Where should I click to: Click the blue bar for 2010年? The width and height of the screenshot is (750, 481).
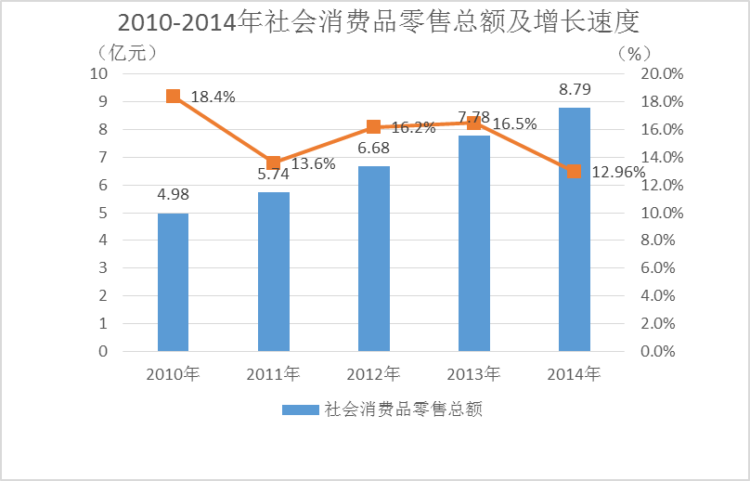[x=173, y=282]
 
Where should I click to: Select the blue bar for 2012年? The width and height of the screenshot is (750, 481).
[x=374, y=259]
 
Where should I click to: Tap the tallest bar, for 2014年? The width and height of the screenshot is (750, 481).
[x=575, y=229]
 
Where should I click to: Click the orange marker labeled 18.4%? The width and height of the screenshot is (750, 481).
[x=173, y=97]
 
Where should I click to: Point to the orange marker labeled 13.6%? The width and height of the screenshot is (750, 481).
[x=274, y=162]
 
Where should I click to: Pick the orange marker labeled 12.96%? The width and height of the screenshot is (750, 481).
[x=575, y=171]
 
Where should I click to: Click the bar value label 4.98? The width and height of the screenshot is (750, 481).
[x=173, y=195]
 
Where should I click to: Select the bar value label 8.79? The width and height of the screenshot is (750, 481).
[x=575, y=90]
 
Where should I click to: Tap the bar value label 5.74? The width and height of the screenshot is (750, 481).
[x=274, y=174]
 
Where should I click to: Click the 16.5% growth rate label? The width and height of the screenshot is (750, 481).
[x=514, y=123]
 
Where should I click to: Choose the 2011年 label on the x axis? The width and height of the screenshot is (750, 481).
[x=274, y=374]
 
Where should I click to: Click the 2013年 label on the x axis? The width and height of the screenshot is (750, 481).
[x=473, y=374]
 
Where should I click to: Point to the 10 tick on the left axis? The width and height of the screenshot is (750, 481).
[x=98, y=73]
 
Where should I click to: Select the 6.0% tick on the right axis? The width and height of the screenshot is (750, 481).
[x=664, y=268]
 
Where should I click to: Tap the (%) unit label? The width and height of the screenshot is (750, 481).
[x=635, y=52]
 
